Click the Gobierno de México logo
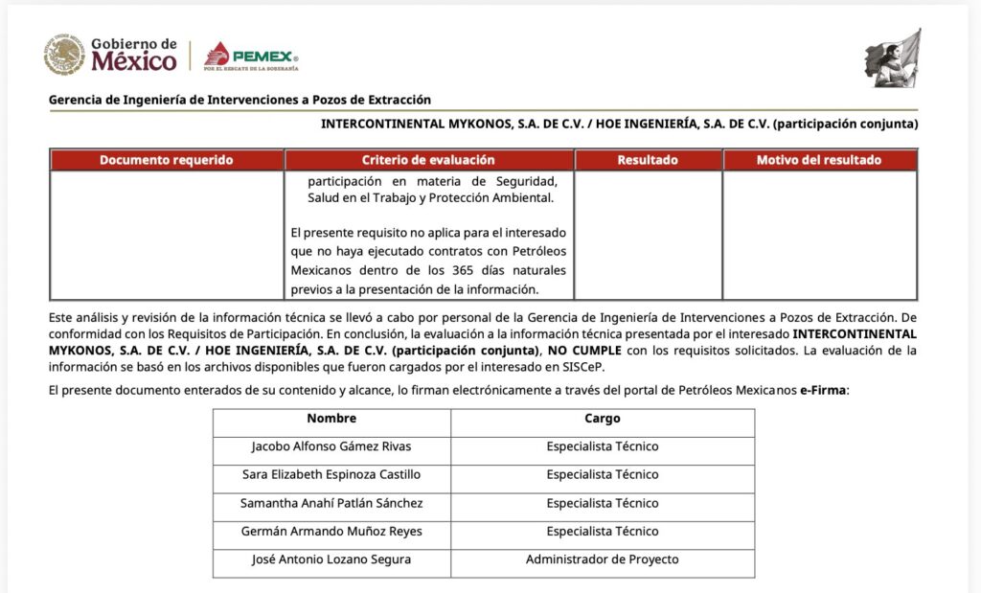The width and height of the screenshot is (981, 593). (x=110, y=55)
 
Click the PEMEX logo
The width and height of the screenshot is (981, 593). (x=251, y=57)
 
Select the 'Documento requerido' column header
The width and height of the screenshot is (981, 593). (x=167, y=160)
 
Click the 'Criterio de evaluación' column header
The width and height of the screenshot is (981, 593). (x=428, y=160)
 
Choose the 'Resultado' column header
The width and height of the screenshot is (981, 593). (x=648, y=160)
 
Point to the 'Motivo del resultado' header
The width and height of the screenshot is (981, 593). (x=819, y=160)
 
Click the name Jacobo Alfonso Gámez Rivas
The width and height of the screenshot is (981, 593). (x=331, y=446)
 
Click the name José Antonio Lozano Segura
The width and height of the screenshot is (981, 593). (x=331, y=559)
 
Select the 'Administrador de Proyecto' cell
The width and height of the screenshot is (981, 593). (x=602, y=559)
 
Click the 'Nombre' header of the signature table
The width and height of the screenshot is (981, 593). (x=331, y=419)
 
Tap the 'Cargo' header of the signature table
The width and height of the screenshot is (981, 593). (x=602, y=419)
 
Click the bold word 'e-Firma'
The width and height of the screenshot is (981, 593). (x=825, y=390)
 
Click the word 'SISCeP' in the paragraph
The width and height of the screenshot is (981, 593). (x=584, y=366)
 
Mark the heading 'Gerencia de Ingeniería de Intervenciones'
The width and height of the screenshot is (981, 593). (x=240, y=100)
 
